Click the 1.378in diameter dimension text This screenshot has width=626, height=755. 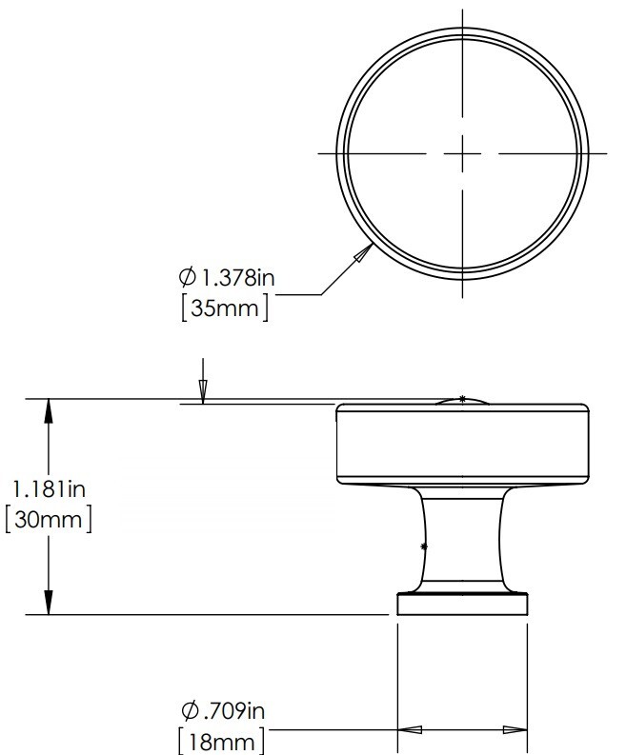tap(237, 278)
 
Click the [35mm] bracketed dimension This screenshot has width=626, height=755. tap(225, 308)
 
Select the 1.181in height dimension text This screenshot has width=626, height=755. tap(49, 489)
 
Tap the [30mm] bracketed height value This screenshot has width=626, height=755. tap(49, 520)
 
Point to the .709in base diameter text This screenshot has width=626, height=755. tap(234, 710)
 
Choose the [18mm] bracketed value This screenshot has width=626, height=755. tap(221, 742)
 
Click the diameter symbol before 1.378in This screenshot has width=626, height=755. tap(188, 277)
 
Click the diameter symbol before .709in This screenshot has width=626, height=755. tap(191, 710)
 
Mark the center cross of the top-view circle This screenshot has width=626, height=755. tap(463, 153)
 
